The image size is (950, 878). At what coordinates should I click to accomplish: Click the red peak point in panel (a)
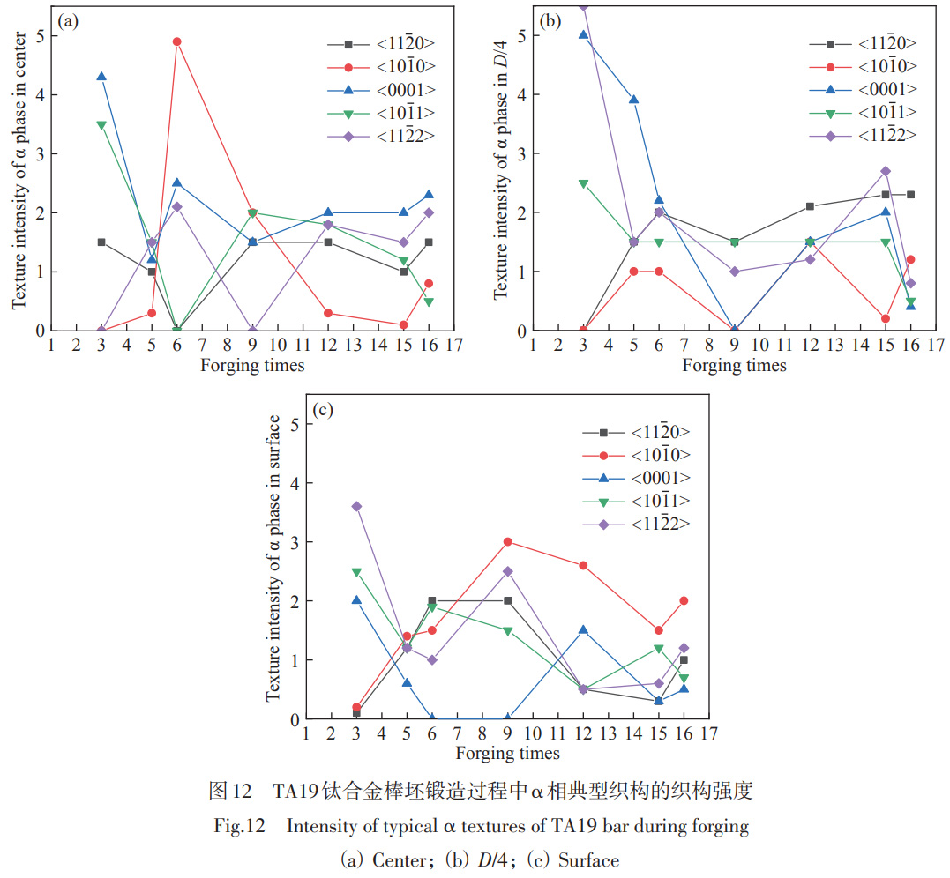pyautogui.click(x=177, y=41)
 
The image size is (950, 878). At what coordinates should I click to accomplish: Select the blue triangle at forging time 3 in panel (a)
pyautogui.click(x=101, y=77)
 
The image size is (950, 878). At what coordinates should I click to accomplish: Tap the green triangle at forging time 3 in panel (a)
pyautogui.click(x=101, y=124)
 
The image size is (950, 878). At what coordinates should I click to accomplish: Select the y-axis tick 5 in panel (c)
pyautogui.click(x=295, y=425)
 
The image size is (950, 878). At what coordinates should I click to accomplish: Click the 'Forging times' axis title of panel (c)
pyautogui.click(x=507, y=754)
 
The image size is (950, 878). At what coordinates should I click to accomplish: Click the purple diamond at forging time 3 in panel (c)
pyautogui.click(x=356, y=507)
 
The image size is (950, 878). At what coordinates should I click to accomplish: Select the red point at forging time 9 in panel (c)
pyautogui.click(x=507, y=542)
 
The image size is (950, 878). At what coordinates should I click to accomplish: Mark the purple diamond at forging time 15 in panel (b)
pyautogui.click(x=885, y=171)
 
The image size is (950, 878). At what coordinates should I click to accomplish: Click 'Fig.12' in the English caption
pyautogui.click(x=236, y=827)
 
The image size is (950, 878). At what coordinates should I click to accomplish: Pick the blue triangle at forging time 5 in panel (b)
pyautogui.click(x=633, y=100)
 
